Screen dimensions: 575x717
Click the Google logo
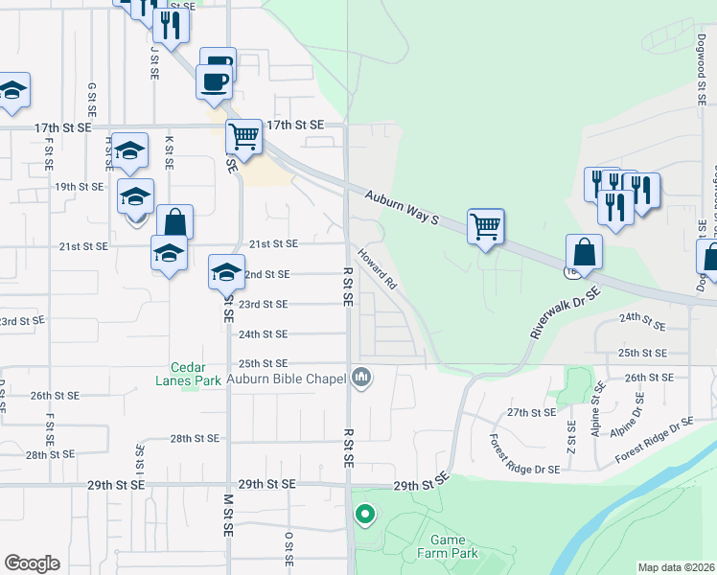[32, 563]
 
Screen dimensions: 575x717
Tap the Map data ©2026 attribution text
[677, 567]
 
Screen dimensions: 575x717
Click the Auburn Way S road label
[401, 208]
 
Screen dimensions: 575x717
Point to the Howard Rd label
[377, 268]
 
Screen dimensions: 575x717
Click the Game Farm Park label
[447, 546]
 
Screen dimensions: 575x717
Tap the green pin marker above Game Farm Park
[364, 515]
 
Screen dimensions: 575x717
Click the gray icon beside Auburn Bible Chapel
[361, 379]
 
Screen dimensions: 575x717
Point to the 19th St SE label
[79, 187]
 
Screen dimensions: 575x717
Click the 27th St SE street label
[531, 412]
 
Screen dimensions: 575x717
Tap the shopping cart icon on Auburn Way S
[486, 227]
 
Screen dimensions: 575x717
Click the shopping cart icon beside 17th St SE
[244, 137]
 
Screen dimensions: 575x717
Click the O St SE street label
[288, 547]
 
